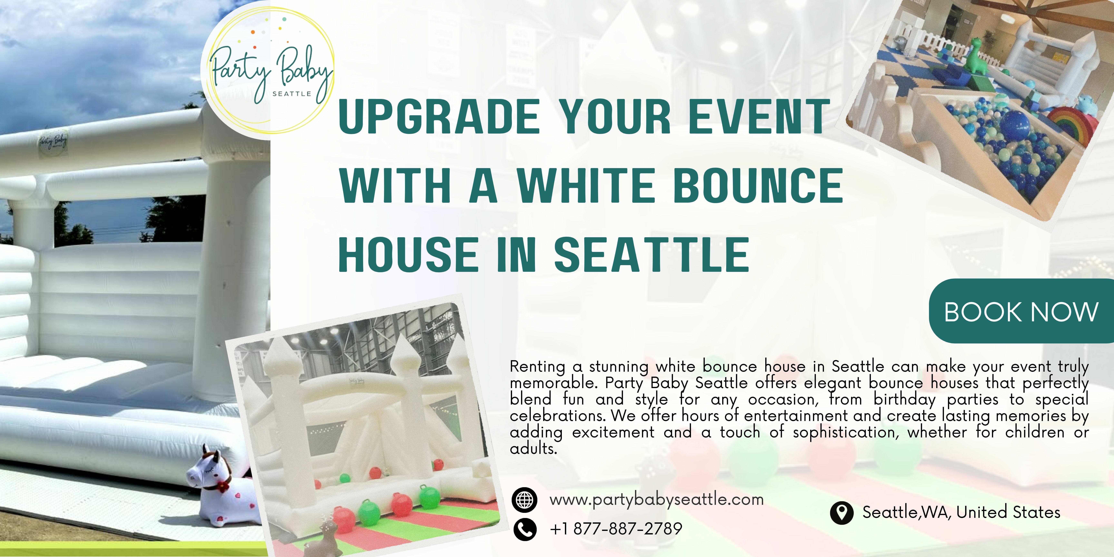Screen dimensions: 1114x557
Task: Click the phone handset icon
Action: click(x=525, y=529)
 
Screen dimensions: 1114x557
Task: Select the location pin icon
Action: click(x=842, y=513)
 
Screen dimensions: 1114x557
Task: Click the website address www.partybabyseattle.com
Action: click(x=656, y=500)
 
